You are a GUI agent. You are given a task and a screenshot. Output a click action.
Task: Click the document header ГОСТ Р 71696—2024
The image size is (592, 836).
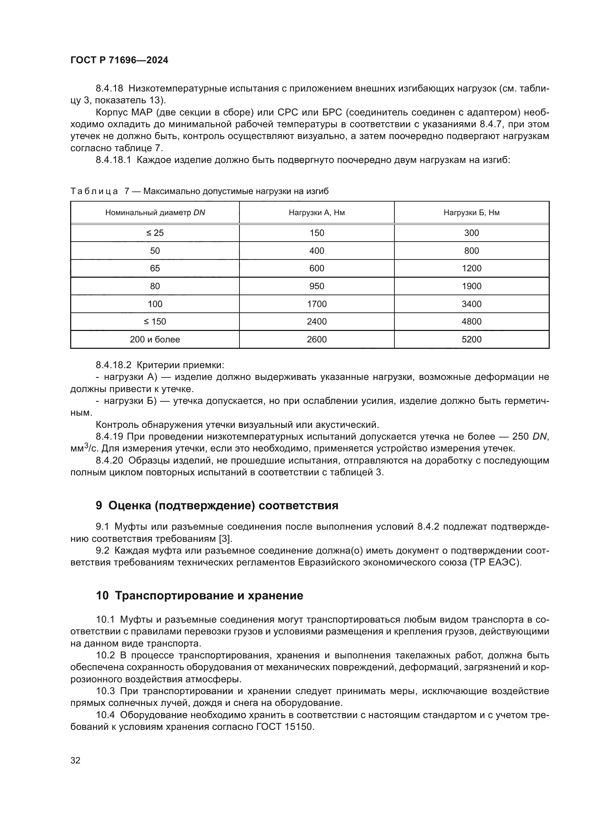click(x=119, y=60)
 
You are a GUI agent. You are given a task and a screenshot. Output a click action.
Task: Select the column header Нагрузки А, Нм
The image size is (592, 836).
click(x=316, y=213)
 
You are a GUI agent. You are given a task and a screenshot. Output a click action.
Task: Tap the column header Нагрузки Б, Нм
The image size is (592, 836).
click(x=471, y=213)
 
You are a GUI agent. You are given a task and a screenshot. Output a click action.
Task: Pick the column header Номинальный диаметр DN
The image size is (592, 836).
click(x=155, y=213)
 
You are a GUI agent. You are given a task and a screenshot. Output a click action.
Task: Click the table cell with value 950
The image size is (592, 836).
click(x=316, y=286)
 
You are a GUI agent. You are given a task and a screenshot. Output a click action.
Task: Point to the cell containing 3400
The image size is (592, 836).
click(x=471, y=304)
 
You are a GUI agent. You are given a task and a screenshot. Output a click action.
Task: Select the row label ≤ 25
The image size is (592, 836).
click(x=155, y=233)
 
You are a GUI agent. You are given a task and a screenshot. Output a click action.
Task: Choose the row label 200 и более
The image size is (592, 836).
click(x=155, y=339)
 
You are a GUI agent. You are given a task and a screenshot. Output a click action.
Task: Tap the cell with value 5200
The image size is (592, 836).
click(x=471, y=339)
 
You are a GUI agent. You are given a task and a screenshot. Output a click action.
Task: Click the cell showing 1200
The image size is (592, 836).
click(x=471, y=268)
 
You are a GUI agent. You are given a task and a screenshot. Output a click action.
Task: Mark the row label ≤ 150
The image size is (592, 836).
click(x=155, y=322)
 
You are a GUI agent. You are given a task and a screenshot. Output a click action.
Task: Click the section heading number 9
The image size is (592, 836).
click(x=99, y=506)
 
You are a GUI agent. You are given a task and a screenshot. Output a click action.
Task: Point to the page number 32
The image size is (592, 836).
click(x=76, y=761)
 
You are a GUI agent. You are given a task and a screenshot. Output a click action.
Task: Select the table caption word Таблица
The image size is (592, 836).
click(x=94, y=192)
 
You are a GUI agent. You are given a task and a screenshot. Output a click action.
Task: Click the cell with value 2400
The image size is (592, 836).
click(x=316, y=322)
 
